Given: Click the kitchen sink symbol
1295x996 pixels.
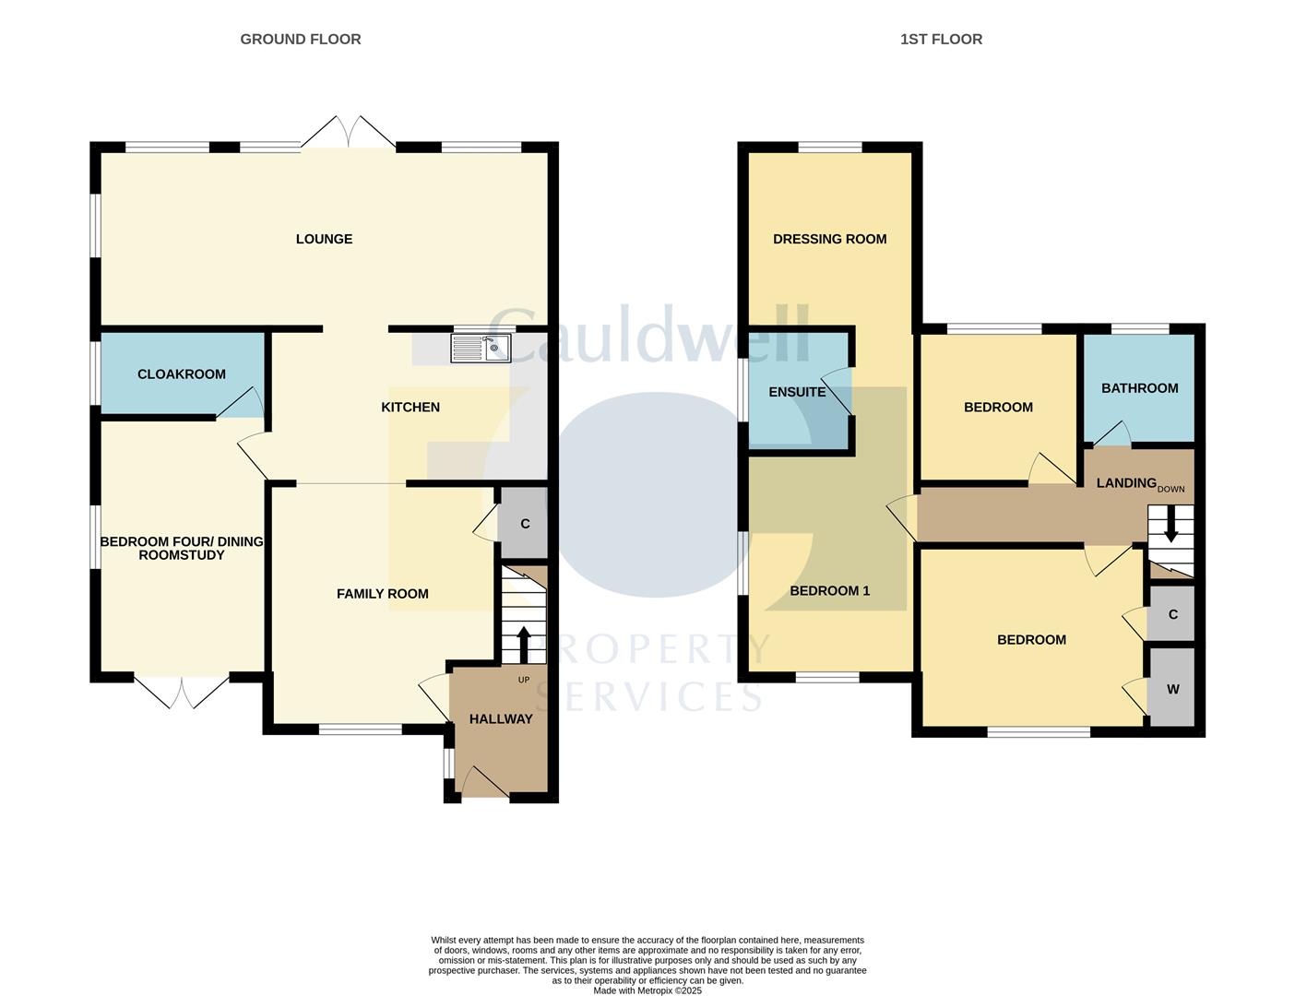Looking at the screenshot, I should pos(481,349).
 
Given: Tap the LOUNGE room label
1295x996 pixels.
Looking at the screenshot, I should pos(324,239).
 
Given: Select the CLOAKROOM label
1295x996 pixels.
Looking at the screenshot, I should pos(182,373).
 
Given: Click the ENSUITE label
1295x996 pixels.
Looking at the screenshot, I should pos(797,392).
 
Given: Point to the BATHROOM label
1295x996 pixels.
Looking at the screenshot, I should pos(1139,388).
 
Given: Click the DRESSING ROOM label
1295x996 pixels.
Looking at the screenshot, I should pos(829,239).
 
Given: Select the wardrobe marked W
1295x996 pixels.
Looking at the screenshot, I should pos(1172,689).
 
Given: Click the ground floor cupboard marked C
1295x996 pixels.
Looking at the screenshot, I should pos(525,524).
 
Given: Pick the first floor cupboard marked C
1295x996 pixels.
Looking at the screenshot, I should pos(1172,614).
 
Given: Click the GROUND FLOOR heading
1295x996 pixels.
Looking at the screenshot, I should pos(301,39).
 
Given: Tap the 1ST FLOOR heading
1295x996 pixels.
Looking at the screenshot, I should pos(941,39).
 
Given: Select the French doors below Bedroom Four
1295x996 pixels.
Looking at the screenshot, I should pos(182,693).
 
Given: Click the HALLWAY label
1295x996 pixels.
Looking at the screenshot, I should pos(501,719).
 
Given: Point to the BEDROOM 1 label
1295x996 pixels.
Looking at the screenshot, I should pos(829,590).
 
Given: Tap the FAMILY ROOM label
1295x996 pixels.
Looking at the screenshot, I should pos(382,594).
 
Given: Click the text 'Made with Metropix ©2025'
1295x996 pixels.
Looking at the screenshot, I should pos(647,990).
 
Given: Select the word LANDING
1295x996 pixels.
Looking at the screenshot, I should pos(1125,482).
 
